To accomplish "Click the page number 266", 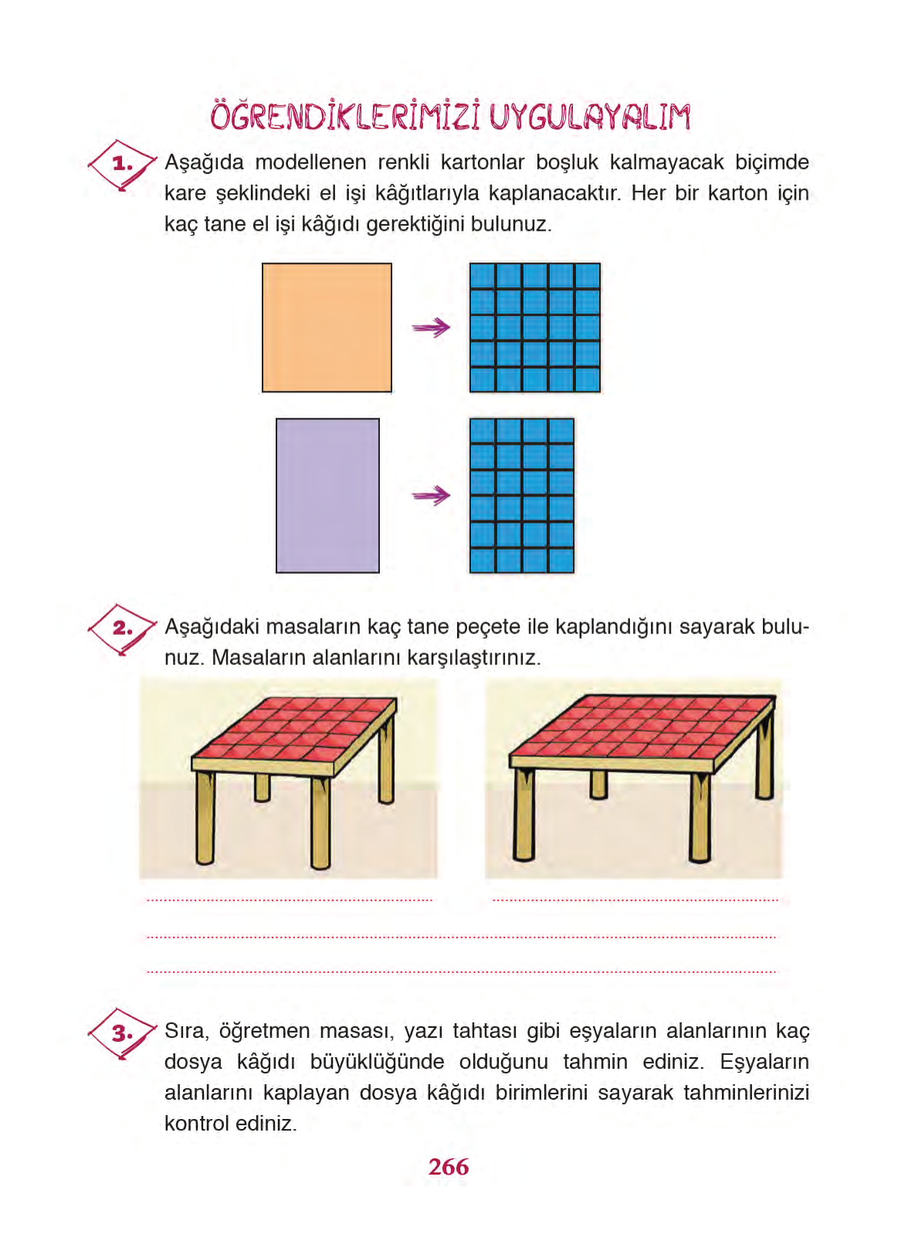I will pyautogui.click(x=448, y=1166).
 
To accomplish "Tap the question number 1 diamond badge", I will pyautogui.click(x=121, y=164).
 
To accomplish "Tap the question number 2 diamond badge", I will pyautogui.click(x=121, y=629).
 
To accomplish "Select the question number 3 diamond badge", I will pyautogui.click(x=121, y=1033).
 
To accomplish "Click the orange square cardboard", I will pyautogui.click(x=327, y=327).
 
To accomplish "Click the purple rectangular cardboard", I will pyautogui.click(x=327, y=495).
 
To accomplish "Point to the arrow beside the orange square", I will pyautogui.click(x=431, y=328).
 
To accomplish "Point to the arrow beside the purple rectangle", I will pyautogui.click(x=431, y=495).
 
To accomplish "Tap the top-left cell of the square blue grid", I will pyautogui.click(x=483, y=276).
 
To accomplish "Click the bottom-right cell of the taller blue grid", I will pyautogui.click(x=561, y=560).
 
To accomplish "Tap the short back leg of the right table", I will pyautogui.click(x=598, y=783).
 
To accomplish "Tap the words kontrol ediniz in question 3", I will pyautogui.click(x=230, y=1123).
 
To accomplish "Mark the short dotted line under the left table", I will pyautogui.click(x=290, y=900).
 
